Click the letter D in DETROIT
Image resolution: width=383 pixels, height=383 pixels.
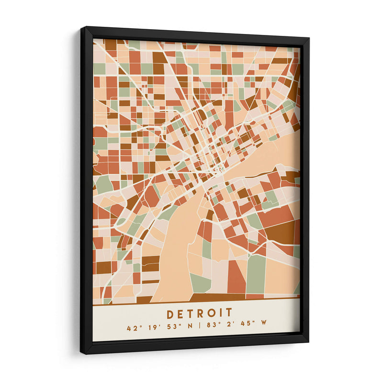pyautogui.click(x=171, y=314)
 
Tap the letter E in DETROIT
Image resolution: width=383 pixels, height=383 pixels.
pyautogui.click(x=181, y=314)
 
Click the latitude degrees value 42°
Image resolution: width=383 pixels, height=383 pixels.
pyautogui.click(x=132, y=328)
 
